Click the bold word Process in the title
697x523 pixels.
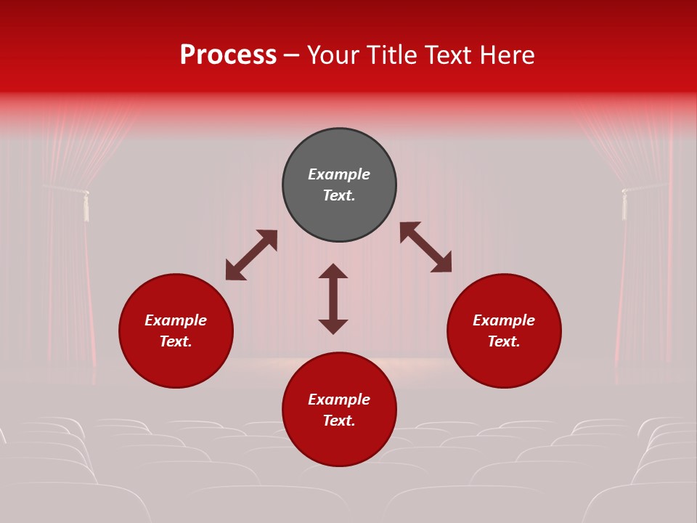pyautogui.click(x=228, y=55)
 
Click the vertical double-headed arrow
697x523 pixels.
pyautogui.click(x=333, y=299)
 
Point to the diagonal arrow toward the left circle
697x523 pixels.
pyautogui.click(x=251, y=255)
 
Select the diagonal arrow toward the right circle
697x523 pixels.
pyautogui.click(x=426, y=247)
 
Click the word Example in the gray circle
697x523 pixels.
pyautogui.click(x=339, y=174)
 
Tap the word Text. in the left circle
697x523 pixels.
pyautogui.click(x=176, y=341)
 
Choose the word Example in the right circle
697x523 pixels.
pyautogui.click(x=504, y=320)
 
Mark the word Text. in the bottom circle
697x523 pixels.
pyautogui.click(x=339, y=421)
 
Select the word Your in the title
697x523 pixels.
pyautogui.click(x=333, y=55)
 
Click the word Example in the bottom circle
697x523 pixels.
pyautogui.click(x=339, y=400)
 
